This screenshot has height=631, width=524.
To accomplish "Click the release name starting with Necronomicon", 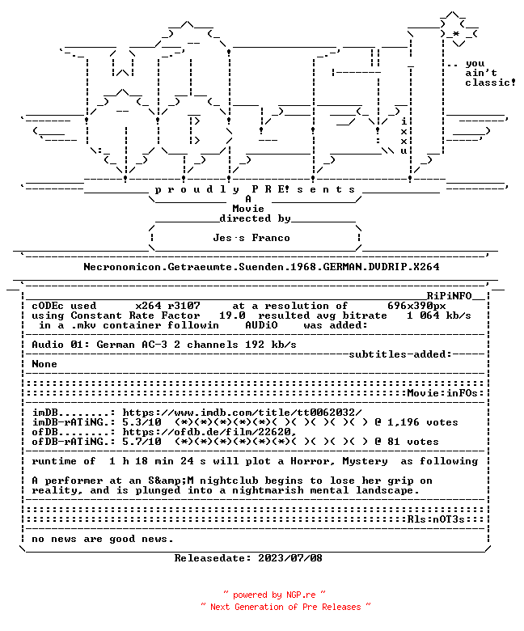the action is pos(261,267).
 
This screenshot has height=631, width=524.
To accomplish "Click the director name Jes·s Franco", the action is pos(251,238).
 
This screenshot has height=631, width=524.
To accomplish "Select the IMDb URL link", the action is pos(242,413).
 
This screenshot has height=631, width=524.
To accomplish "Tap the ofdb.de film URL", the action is pos(209,432).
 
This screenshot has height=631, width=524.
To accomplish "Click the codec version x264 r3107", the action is pos(167,306).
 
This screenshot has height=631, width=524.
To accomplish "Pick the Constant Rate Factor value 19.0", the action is pos(232,315).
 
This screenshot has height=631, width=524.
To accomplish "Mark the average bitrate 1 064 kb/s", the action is pos(439,315).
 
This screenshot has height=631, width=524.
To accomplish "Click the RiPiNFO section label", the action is pos(449,296).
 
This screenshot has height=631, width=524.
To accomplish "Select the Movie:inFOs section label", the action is pos(442,393).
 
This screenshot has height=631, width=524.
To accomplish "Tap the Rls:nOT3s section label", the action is pos(436,519).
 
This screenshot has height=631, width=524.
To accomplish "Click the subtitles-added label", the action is pos(400,354).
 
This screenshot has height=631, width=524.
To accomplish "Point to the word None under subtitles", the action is pos(44,364).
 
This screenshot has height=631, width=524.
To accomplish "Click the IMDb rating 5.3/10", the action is pos(142,422).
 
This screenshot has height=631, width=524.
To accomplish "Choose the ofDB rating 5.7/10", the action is pos(142,442).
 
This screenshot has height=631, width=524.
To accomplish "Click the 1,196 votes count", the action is pos(423,422).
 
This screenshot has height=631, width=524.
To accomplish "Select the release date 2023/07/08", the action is pos(290,558).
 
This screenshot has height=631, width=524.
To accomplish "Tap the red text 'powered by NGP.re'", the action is pos(274,595).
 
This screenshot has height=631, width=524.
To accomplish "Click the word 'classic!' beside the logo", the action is pos(490,83).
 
